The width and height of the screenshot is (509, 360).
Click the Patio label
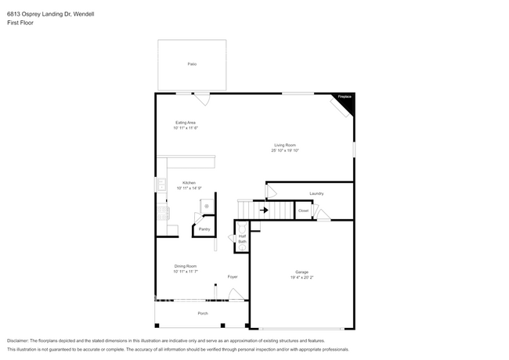click(192, 63)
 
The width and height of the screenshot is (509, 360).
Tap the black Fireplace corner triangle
click(348, 100)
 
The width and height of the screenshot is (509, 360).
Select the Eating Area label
click(186, 123)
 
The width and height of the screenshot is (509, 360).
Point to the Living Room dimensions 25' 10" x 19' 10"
click(286, 150)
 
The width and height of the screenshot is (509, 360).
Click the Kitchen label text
click(190, 182)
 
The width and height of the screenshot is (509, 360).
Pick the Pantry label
click(204, 229)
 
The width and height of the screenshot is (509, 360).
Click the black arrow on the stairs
click(264, 210)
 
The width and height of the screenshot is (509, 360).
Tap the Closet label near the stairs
click(303, 210)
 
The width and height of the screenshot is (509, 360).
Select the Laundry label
click(316, 193)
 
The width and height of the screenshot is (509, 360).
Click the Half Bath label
click(242, 239)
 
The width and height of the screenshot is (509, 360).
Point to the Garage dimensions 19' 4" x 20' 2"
click(301, 277)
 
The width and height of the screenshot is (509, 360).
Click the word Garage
click(301, 272)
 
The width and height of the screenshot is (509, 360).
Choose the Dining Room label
click(186, 266)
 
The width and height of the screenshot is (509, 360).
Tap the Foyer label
click(233, 277)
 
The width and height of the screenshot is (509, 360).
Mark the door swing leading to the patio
click(203, 99)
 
